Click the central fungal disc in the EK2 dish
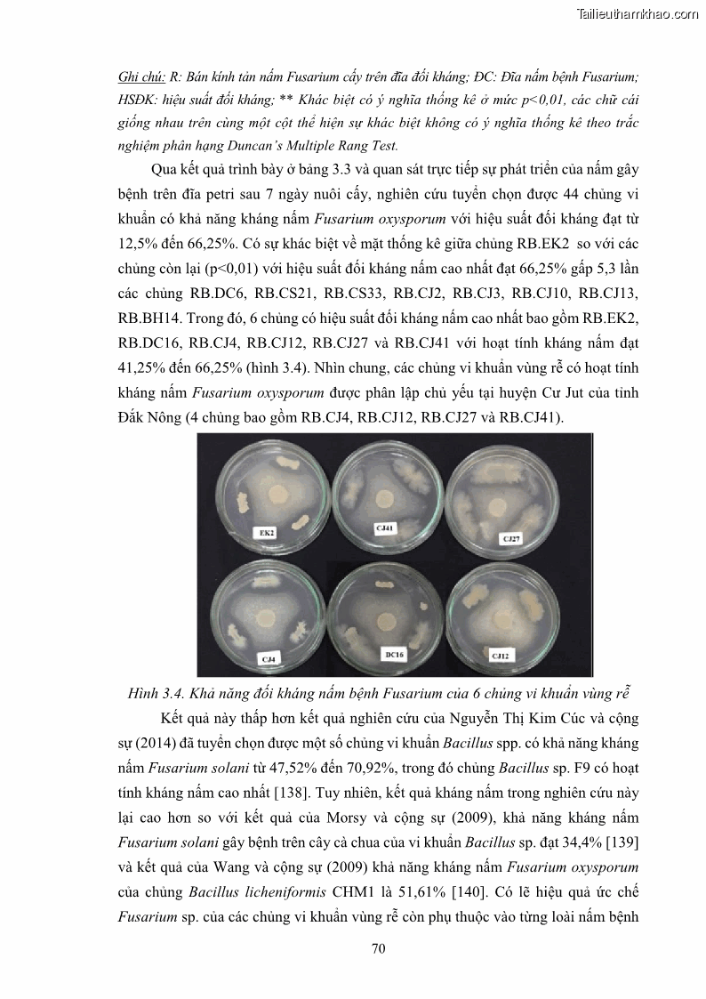pyautogui.click(x=278, y=492)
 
